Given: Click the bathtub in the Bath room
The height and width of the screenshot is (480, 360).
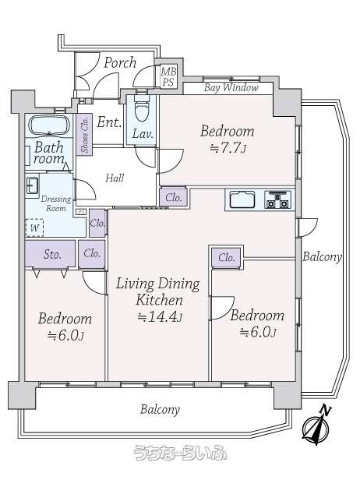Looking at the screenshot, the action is point(49,125).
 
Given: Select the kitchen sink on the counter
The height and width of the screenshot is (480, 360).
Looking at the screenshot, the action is point(242,200).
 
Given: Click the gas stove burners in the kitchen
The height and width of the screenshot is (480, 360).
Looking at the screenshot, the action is point(278,199).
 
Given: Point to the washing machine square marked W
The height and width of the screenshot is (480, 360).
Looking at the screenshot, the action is point(34,228).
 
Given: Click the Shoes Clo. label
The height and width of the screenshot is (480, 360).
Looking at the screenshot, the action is point(84,135).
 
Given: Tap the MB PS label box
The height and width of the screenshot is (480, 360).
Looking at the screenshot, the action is point(168,77).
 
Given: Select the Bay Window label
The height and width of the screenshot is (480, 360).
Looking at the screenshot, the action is point(231,88).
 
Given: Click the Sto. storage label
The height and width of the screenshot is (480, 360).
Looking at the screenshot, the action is point(52,254).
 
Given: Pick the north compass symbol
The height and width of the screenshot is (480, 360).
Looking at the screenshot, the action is point(316,425).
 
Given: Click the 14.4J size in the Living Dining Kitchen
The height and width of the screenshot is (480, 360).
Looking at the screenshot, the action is point(160,316).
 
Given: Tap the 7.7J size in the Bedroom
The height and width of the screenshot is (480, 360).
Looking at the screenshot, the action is point(228,149).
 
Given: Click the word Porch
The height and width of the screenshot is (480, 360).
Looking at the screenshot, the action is point(120,63).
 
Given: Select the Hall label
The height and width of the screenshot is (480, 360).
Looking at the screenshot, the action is point(115,178).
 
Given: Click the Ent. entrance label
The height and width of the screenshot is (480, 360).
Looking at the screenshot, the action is point(109,122).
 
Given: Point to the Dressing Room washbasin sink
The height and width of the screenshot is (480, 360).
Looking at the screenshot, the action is point(32,185).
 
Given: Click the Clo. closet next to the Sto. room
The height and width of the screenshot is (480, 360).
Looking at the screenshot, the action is point(92,253).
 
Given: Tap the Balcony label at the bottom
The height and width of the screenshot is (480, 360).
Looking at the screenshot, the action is point(160,410).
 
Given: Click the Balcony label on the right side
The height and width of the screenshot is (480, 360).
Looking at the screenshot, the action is point(322,257).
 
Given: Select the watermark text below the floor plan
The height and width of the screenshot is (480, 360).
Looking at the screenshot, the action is point(181,453).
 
